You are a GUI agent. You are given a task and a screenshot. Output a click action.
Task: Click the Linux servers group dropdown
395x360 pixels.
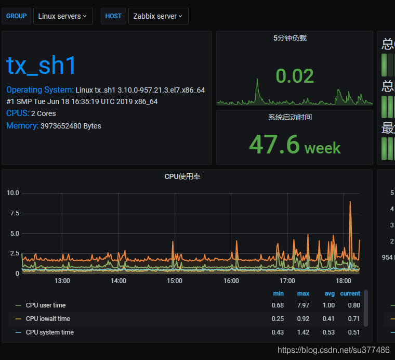click(63, 16)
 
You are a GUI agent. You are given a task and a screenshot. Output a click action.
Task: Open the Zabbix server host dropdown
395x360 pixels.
click(158, 16)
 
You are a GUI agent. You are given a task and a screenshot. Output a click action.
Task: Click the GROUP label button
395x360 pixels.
click(17, 16)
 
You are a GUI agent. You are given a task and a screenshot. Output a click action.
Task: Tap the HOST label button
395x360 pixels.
click(113, 16)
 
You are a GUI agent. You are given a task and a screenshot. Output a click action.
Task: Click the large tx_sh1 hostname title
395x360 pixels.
click(42, 66)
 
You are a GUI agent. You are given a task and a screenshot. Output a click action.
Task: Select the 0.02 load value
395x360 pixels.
click(295, 76)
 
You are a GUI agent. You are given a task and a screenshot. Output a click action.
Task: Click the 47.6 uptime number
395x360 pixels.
click(274, 144)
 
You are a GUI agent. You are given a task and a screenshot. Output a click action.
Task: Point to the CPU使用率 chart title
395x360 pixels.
click(182, 176)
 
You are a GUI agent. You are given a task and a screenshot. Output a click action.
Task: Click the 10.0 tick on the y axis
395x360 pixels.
click(13, 193)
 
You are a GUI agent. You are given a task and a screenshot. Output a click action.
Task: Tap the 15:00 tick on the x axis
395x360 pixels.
click(175, 281)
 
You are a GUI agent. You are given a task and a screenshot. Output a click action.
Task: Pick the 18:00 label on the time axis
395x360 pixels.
click(344, 281)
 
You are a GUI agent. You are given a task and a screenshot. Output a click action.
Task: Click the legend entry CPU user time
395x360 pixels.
click(46, 305)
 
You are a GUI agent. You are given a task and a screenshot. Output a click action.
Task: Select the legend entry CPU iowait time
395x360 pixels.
click(48, 319)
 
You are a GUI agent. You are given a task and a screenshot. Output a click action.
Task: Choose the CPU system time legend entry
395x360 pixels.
click(49, 332)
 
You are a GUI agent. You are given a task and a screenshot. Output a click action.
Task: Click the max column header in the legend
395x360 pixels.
click(303, 293)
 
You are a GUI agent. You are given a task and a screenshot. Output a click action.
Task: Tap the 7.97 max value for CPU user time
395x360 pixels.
click(303, 305)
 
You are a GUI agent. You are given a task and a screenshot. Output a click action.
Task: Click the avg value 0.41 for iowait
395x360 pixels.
click(329, 319)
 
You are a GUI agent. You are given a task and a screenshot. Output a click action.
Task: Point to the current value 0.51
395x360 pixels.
click(354, 332)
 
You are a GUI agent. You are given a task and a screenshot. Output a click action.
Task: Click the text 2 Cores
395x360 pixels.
click(43, 113)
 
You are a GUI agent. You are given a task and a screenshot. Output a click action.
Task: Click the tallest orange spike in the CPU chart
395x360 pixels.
click(351, 203)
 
